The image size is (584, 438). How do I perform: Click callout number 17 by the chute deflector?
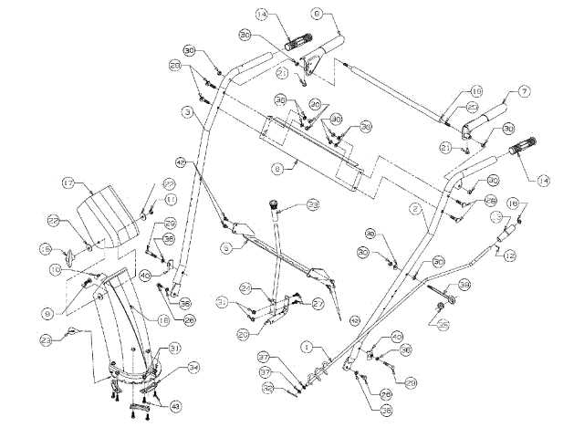[68, 183]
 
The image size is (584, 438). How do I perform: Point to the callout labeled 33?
[312, 205]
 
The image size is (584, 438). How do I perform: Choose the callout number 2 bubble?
[414, 208]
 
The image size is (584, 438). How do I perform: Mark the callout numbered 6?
[318, 14]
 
